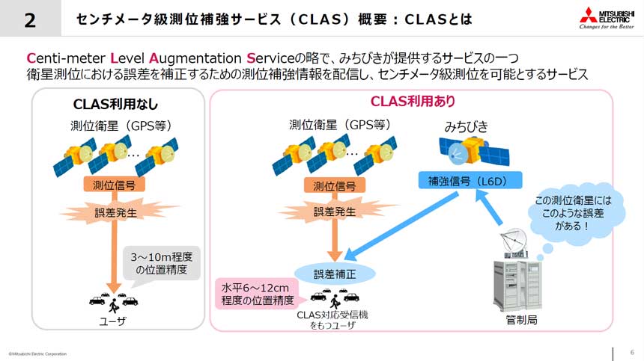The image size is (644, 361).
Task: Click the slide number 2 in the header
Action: (30, 20)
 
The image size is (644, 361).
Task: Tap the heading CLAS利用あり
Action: (413, 101)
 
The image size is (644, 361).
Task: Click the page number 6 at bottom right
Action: (632, 353)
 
